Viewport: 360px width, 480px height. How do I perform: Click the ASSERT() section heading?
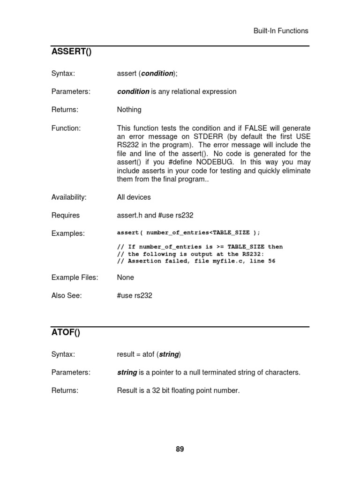click(71, 52)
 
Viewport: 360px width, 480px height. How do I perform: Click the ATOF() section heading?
click(66, 333)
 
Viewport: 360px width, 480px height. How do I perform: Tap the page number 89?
click(180, 449)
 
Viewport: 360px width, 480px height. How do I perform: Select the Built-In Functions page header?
click(281, 31)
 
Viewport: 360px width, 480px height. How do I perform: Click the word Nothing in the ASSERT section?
click(129, 110)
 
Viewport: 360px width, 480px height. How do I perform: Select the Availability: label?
click(69, 197)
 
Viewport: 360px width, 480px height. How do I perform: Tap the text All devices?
click(134, 197)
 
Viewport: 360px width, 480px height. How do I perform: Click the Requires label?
click(66, 216)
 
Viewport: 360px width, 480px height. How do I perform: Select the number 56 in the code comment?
click(272, 261)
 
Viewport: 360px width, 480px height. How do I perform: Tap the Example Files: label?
click(75, 277)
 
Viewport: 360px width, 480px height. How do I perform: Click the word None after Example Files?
click(126, 277)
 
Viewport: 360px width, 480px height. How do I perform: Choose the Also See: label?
click(67, 296)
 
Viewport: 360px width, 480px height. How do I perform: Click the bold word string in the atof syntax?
click(169, 354)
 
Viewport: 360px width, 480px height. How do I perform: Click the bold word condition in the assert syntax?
click(157, 73)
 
